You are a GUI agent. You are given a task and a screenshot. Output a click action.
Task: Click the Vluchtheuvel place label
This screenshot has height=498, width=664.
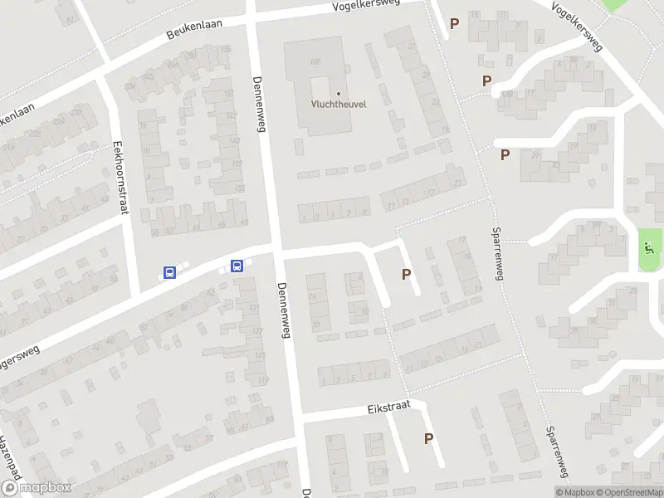pyautogui.click(x=339, y=104)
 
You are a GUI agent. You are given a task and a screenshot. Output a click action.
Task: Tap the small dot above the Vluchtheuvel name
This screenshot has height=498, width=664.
pyautogui.click(x=339, y=93)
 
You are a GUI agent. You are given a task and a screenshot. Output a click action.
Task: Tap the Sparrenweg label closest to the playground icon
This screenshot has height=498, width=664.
pyautogui.click(x=498, y=254)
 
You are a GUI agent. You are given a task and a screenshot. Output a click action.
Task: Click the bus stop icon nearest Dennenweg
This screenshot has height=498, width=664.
pyautogui.click(x=237, y=266)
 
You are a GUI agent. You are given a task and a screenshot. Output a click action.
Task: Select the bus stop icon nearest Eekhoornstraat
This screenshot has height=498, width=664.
pyautogui.click(x=169, y=272)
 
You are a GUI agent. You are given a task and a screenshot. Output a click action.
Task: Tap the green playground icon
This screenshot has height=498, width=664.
pyautogui.click(x=649, y=247)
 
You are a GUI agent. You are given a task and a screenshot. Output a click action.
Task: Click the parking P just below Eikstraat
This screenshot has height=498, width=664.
pyautogui.click(x=428, y=439)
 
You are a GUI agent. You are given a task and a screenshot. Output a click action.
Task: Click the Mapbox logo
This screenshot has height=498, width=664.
pyautogui.click(x=36, y=488)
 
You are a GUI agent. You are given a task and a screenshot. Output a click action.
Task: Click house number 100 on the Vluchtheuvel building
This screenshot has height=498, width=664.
pyautogui.click(x=315, y=62)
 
